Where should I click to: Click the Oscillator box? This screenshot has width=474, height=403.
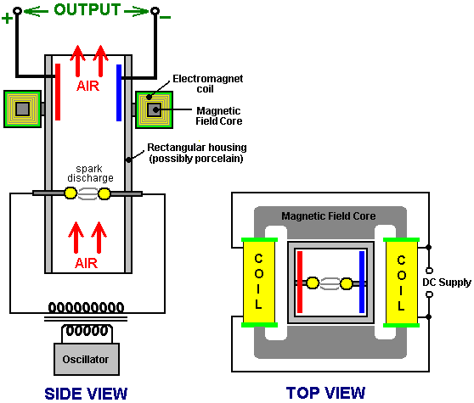pyautogui.click(x=87, y=359)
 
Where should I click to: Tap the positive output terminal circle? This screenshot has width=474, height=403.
pyautogui.click(x=18, y=11)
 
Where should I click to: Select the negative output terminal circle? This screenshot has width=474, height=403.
pyautogui.click(x=155, y=11)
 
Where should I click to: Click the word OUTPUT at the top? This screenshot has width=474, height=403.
pyautogui.click(x=87, y=9)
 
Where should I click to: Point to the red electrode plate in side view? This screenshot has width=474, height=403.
pyautogui.click(x=58, y=92)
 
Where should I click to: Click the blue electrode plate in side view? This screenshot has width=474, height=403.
pyautogui.click(x=119, y=92)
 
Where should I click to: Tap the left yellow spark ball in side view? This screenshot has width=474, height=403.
pyautogui.click(x=71, y=193)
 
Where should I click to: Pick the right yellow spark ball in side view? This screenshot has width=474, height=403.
pyautogui.click(x=104, y=193)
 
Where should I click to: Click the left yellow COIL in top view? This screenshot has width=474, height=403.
pyautogui.click(x=259, y=283)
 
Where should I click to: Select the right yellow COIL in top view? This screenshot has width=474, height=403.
pyautogui.click(x=402, y=283)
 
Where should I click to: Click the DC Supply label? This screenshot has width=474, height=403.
pyautogui.click(x=447, y=283)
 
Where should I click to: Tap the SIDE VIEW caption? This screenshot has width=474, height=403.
pyautogui.click(x=86, y=394)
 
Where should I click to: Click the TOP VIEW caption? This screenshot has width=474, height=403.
pyautogui.click(x=325, y=393)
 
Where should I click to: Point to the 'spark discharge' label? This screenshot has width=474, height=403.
pyautogui.click(x=90, y=174)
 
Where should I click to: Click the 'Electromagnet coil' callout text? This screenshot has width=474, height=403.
pyautogui.click(x=207, y=84)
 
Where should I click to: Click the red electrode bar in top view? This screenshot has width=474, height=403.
pyautogui.click(x=300, y=282)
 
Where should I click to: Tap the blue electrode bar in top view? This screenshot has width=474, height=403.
pyautogui.click(x=362, y=282)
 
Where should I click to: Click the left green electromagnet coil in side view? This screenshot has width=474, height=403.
pyautogui.click(x=22, y=109)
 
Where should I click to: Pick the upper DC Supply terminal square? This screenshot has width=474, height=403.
pyautogui.click(x=429, y=271)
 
